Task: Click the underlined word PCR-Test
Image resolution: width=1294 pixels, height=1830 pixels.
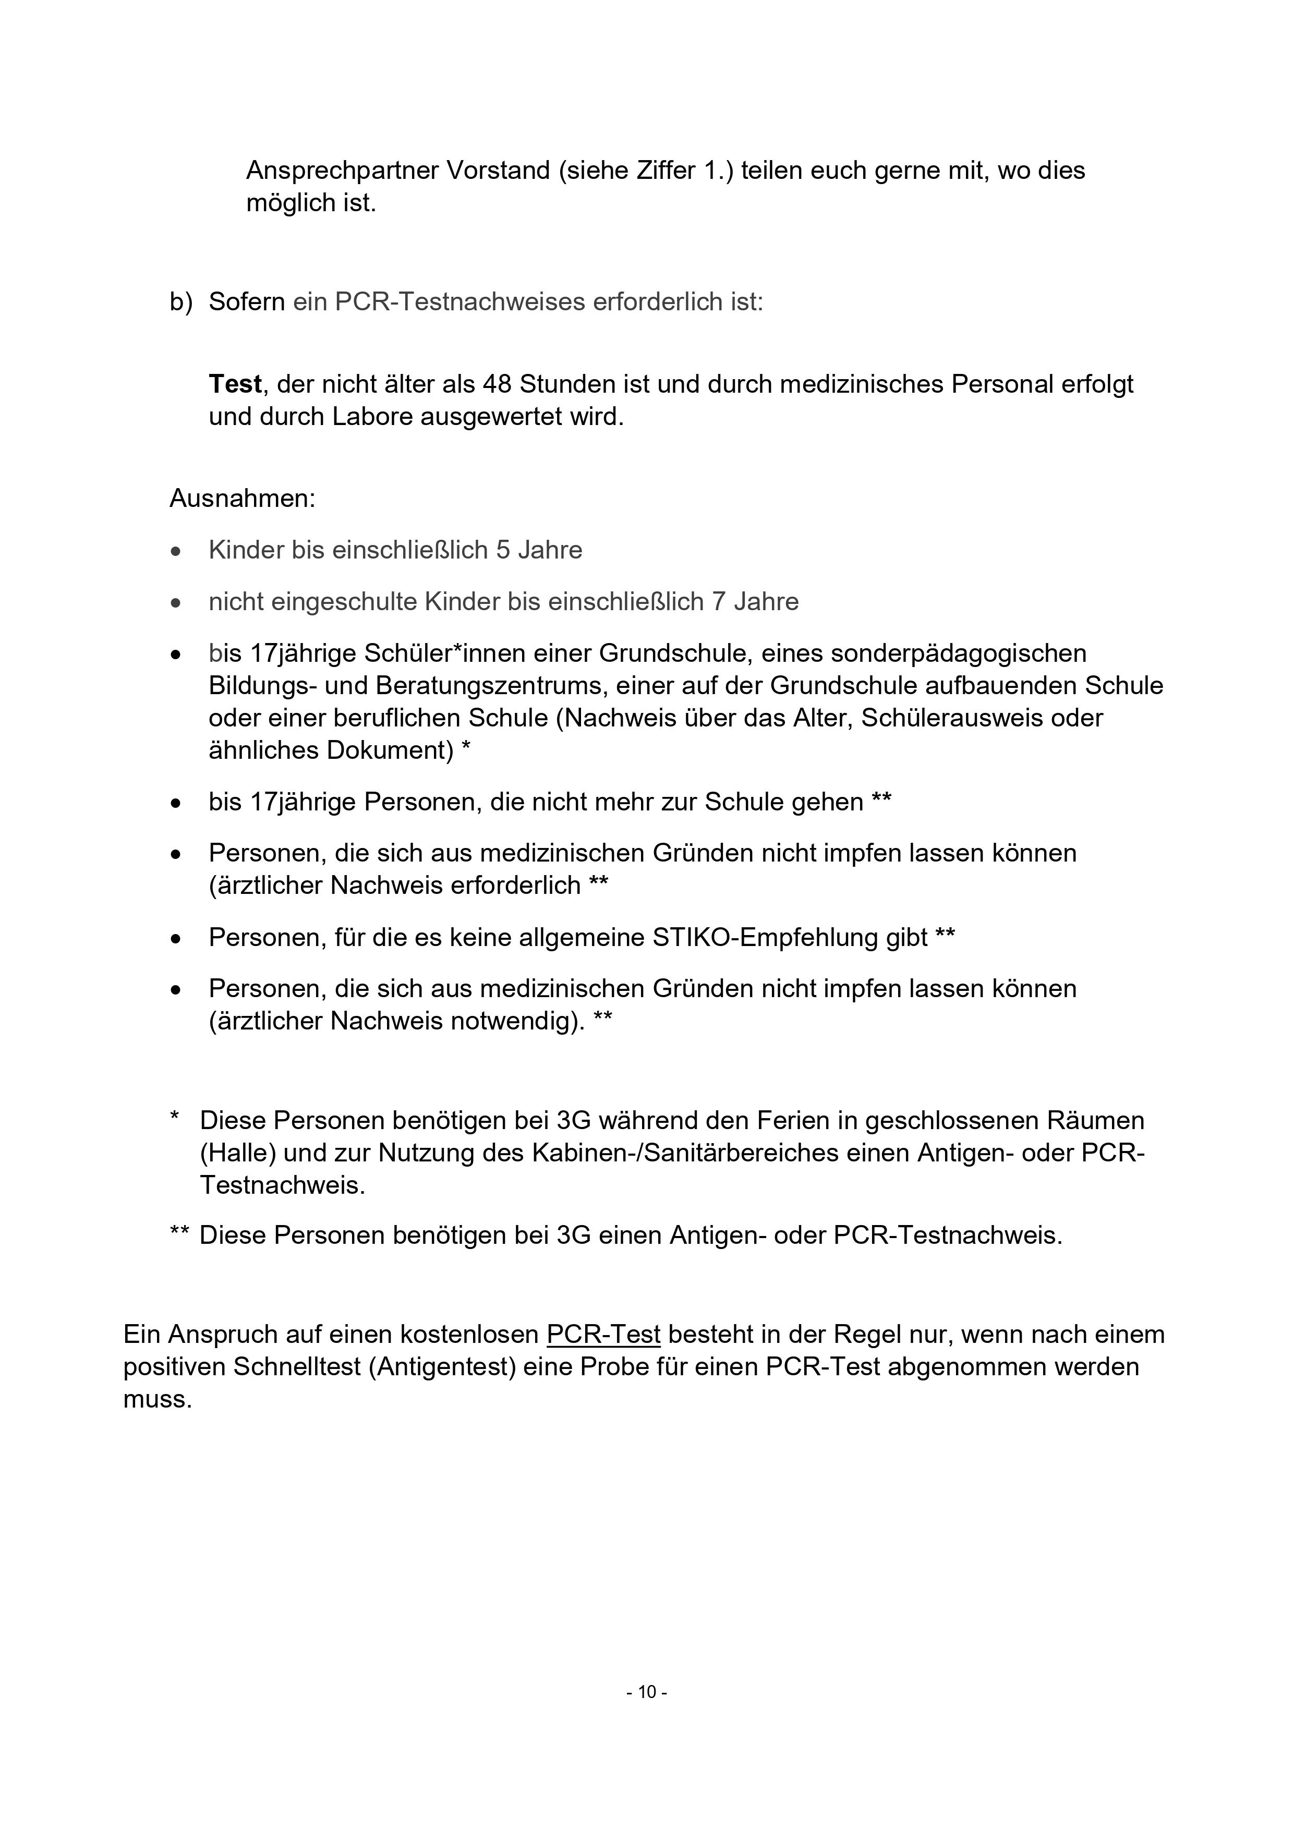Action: coord(603,1334)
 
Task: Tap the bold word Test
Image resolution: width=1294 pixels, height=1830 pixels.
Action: coord(235,384)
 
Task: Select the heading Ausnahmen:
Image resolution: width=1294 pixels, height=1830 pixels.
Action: coord(243,499)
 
